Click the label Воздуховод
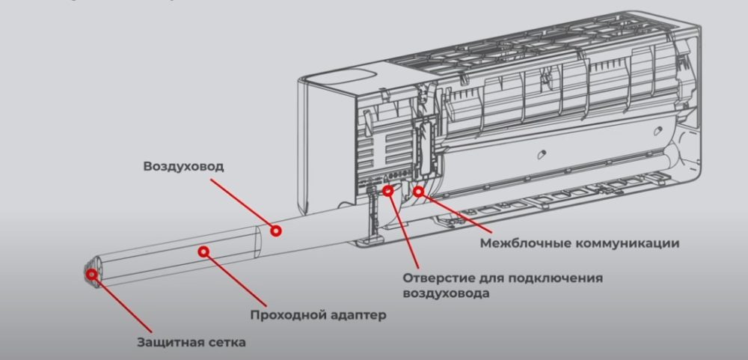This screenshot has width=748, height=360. pos(183,166)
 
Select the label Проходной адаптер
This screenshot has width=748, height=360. pos(318,314)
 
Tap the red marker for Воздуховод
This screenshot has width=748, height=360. pos(276,230)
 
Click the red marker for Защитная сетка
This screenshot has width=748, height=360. pos(92,275)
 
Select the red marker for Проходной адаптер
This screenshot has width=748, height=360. pos(202,251)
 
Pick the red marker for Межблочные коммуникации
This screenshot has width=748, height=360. pos(419,192)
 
